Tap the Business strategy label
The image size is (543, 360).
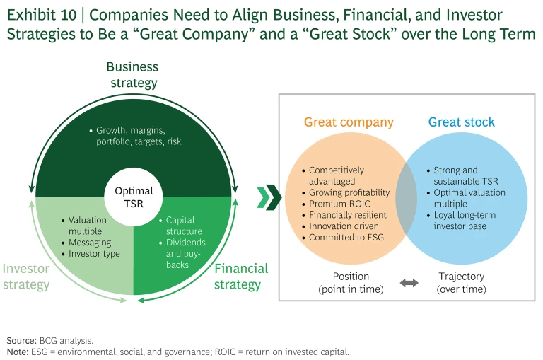point(132,75)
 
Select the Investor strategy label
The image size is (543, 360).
point(25,277)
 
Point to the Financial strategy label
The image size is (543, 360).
point(241,277)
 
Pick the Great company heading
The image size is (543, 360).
point(349,122)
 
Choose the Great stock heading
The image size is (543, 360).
point(462,122)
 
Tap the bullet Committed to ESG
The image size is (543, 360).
point(346,238)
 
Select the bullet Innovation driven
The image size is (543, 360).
point(344,226)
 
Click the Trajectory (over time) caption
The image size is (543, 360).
point(461,283)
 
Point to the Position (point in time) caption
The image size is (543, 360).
point(351,283)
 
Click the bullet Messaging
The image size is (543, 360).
point(90,243)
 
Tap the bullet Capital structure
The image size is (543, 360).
point(184,226)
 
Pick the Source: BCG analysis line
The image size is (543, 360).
point(49,340)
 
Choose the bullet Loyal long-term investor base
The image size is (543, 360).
point(467,221)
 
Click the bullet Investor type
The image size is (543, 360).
point(94,254)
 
